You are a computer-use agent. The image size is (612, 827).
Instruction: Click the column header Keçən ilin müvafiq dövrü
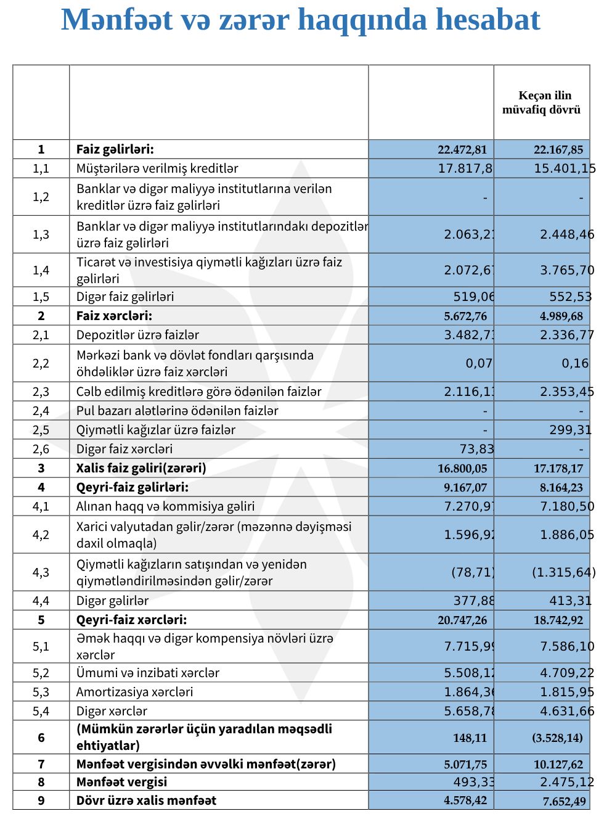542,102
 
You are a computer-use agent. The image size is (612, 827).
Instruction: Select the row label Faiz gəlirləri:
115,149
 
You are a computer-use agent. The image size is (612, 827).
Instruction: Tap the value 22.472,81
462,149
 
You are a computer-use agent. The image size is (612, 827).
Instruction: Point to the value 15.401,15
564,168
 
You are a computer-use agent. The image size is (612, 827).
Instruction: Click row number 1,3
41,234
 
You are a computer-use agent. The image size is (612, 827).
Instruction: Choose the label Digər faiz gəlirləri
125,297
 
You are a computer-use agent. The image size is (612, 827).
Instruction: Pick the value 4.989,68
561,316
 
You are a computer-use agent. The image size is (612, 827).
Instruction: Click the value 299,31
570,430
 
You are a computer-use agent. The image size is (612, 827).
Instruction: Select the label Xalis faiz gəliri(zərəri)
141,468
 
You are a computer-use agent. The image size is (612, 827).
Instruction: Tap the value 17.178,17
558,469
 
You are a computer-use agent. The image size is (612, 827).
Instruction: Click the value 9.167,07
465,488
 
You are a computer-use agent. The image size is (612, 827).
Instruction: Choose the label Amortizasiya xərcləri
134,692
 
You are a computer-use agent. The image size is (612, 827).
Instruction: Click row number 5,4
41,711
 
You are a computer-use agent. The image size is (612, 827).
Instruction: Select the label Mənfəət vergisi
121,782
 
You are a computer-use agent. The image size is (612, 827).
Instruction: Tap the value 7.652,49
564,801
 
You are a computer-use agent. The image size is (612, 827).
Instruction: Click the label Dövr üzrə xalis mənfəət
146,800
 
